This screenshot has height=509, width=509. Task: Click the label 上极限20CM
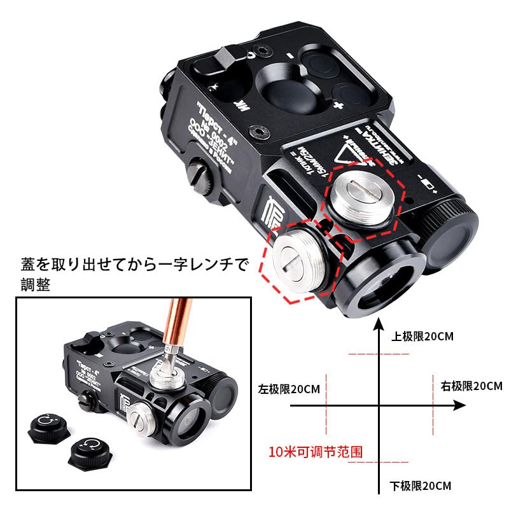(422, 337)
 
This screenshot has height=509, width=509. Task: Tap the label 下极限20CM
(419, 486)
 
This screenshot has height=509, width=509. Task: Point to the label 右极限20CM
(471, 386)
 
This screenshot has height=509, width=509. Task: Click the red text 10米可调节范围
(316, 452)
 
